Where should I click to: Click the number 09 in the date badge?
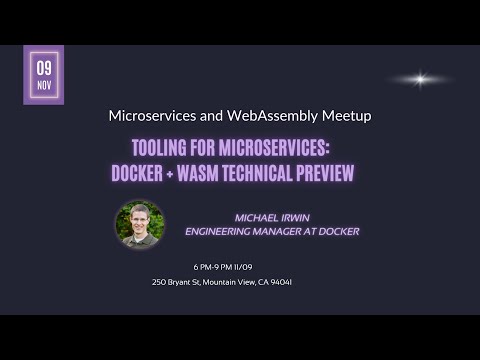44,68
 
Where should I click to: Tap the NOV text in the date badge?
44,85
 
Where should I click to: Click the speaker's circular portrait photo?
139,224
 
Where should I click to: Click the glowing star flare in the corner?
420,79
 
